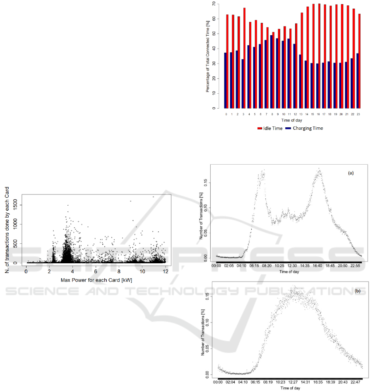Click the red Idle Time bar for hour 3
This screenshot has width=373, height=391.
click(245, 58)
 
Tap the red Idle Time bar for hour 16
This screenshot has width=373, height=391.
click(319, 56)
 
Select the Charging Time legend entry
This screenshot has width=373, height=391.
click(305, 129)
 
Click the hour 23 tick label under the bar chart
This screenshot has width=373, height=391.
click(359, 114)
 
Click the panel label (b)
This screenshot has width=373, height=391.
click(357, 291)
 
